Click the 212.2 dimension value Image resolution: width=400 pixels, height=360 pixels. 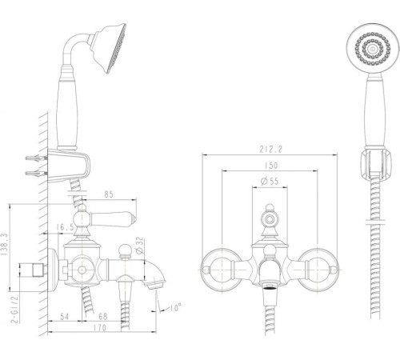[270, 149]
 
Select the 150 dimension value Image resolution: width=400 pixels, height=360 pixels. [271, 166]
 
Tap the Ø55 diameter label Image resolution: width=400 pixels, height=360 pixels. [270, 182]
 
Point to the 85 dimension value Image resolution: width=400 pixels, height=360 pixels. [109, 194]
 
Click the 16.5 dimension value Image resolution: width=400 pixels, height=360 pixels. [65, 227]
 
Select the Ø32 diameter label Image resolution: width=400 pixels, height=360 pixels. [140, 246]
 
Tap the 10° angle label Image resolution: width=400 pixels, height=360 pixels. [176, 307]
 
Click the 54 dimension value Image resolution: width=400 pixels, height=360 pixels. [64, 317]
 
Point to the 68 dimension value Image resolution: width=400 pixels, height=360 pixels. [103, 317]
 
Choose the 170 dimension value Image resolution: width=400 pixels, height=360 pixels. [99, 327]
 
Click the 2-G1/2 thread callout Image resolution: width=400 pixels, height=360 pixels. [15, 310]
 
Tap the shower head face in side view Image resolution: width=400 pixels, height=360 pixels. [117, 48]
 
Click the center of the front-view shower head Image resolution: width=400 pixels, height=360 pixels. [371, 49]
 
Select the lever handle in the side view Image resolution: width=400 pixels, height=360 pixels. [112, 219]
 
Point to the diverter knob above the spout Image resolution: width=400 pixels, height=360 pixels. [124, 251]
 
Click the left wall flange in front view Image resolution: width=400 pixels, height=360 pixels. [222, 270]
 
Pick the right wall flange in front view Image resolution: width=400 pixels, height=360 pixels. [318, 270]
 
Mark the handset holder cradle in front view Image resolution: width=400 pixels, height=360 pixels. [375, 163]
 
